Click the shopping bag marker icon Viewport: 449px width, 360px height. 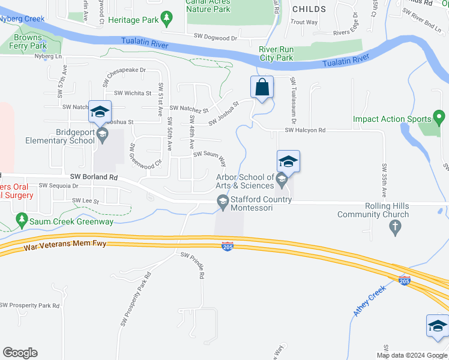click(262, 88)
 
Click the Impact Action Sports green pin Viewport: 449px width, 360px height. click(439, 118)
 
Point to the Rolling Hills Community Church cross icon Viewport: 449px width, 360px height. click(394, 227)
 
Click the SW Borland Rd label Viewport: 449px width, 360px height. click(93, 177)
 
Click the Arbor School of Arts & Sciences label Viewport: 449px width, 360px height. click(245, 181)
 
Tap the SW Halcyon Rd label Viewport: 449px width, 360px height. click(304, 130)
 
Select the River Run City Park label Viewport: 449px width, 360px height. click(276, 54)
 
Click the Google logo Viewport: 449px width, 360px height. click(20, 353)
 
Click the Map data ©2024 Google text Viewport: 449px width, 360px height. click(411, 355)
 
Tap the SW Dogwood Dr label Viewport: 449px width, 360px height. click(215, 37)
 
